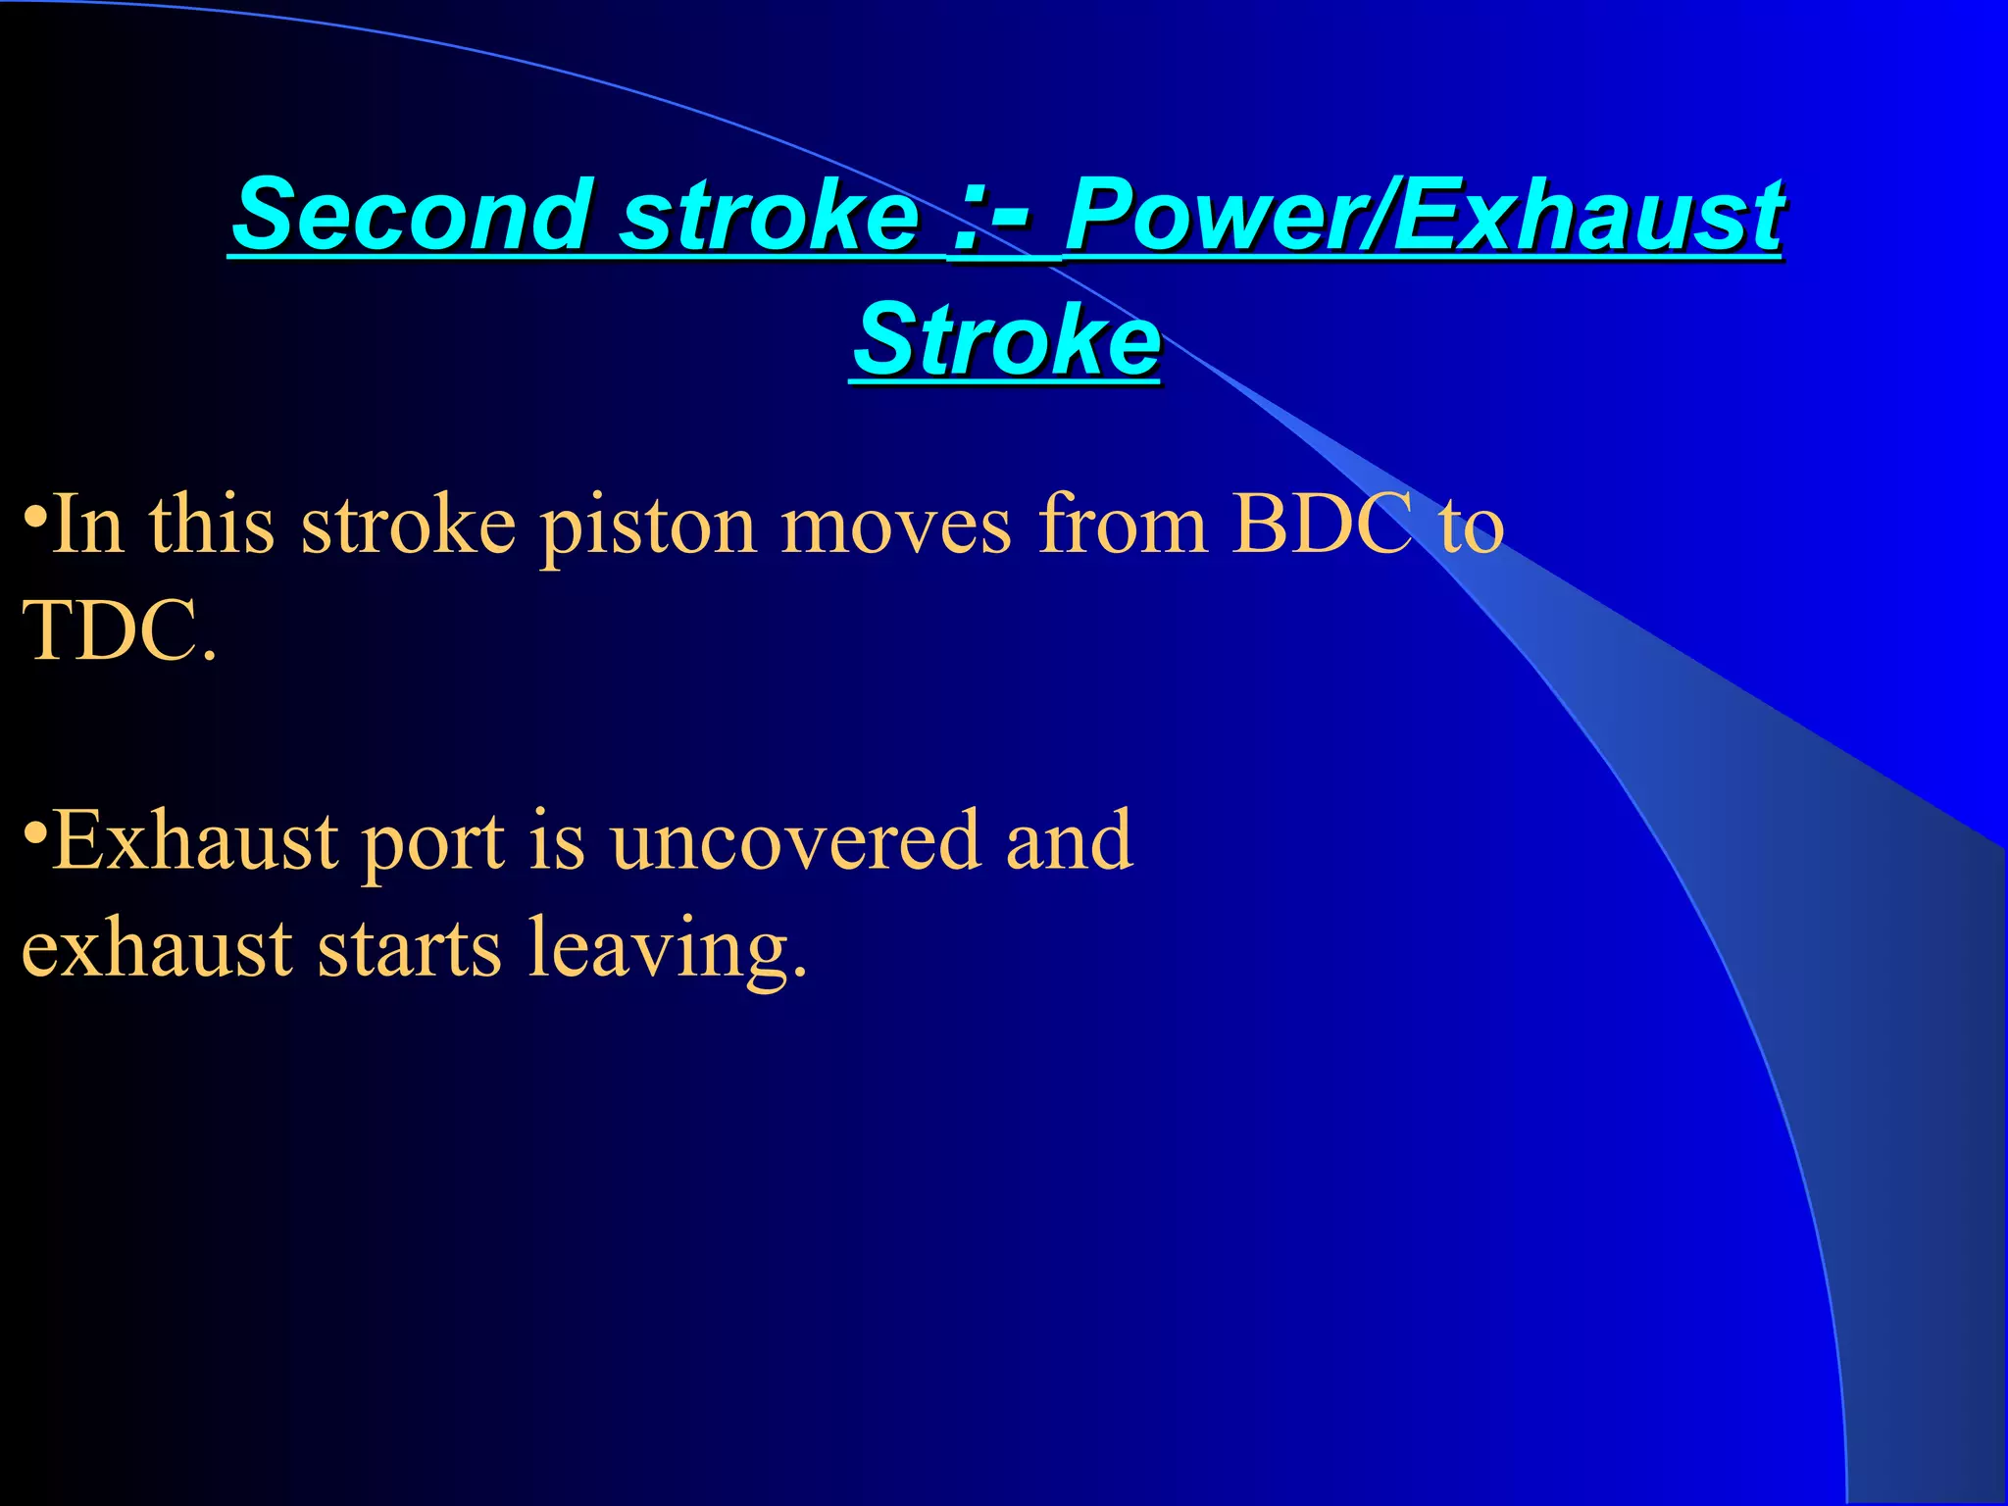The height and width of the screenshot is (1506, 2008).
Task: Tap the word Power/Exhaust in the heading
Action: tap(1424, 214)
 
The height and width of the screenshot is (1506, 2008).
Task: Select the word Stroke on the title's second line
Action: tap(1006, 339)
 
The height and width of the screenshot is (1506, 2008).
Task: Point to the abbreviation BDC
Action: tap(1323, 526)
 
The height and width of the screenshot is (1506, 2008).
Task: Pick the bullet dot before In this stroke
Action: tap(34, 516)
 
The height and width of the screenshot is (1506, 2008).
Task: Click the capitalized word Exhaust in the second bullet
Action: tap(195, 841)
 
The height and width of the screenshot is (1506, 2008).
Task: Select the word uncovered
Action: tap(795, 841)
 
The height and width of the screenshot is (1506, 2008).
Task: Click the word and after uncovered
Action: tap(1070, 841)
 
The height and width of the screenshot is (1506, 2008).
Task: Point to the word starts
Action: tap(409, 949)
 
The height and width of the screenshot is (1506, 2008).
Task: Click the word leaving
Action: tap(668, 949)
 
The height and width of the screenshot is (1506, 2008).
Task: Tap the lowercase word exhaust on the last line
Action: tap(157, 949)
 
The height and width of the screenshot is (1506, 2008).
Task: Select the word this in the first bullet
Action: tap(211, 526)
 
